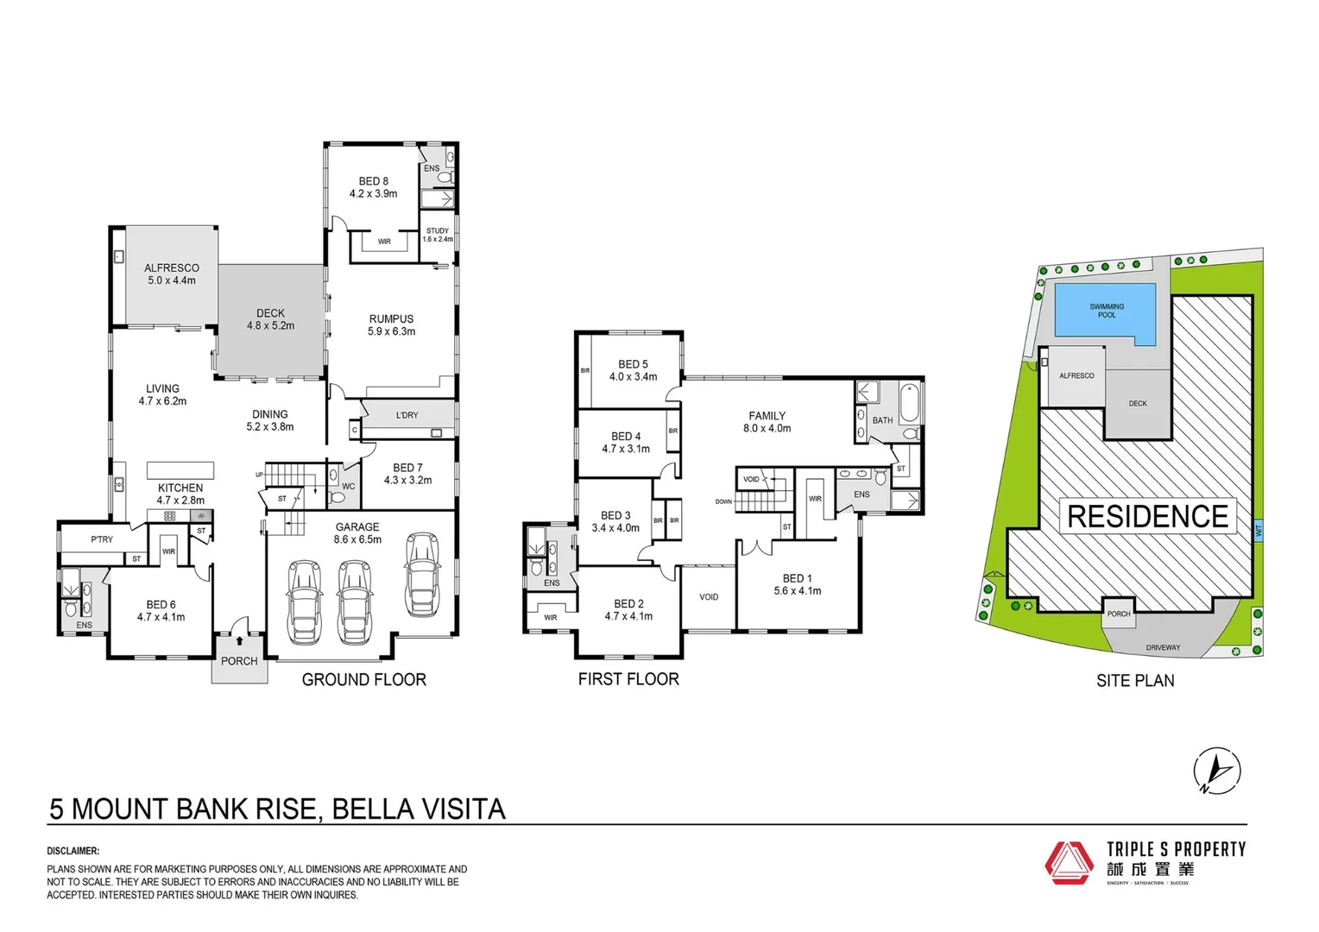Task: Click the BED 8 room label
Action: tap(373, 182)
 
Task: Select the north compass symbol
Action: tap(1217, 770)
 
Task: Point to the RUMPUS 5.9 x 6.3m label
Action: tap(391, 324)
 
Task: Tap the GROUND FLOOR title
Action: tap(363, 680)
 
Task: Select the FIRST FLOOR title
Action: tap(628, 679)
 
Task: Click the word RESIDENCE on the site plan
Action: tap(1147, 517)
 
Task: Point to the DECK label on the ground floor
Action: tap(270, 313)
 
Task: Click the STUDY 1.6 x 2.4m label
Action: tap(438, 234)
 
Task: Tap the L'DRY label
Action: tap(407, 415)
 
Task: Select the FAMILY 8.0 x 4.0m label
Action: tap(767, 421)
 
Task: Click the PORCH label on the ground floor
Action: tap(239, 661)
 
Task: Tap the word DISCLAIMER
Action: tap(73, 851)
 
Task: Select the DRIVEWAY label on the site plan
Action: tap(1163, 647)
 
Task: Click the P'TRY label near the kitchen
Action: tap(102, 539)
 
